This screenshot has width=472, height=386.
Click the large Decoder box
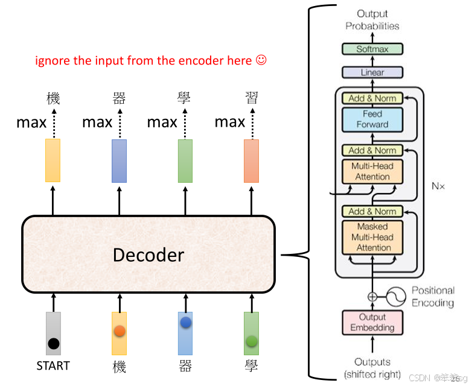148,255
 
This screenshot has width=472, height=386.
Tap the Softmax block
372,49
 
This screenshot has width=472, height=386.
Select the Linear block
372,72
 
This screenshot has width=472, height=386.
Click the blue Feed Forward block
372,119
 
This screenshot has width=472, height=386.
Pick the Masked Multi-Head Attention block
372,237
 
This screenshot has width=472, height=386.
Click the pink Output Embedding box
372,322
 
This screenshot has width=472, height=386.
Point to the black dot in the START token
54,344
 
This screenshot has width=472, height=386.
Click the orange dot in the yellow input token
120,331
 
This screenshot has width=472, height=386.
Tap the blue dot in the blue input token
185,323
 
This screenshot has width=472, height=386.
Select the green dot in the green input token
252,341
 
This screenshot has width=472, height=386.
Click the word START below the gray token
53,365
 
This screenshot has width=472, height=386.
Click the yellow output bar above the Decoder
53,160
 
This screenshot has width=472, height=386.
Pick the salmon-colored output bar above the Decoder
251,160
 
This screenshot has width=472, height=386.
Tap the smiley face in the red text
261,60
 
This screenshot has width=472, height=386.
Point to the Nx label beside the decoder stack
438,186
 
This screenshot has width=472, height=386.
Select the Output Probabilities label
372,20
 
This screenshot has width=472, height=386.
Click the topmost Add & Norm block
372,98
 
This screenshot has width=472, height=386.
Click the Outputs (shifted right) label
372,368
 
